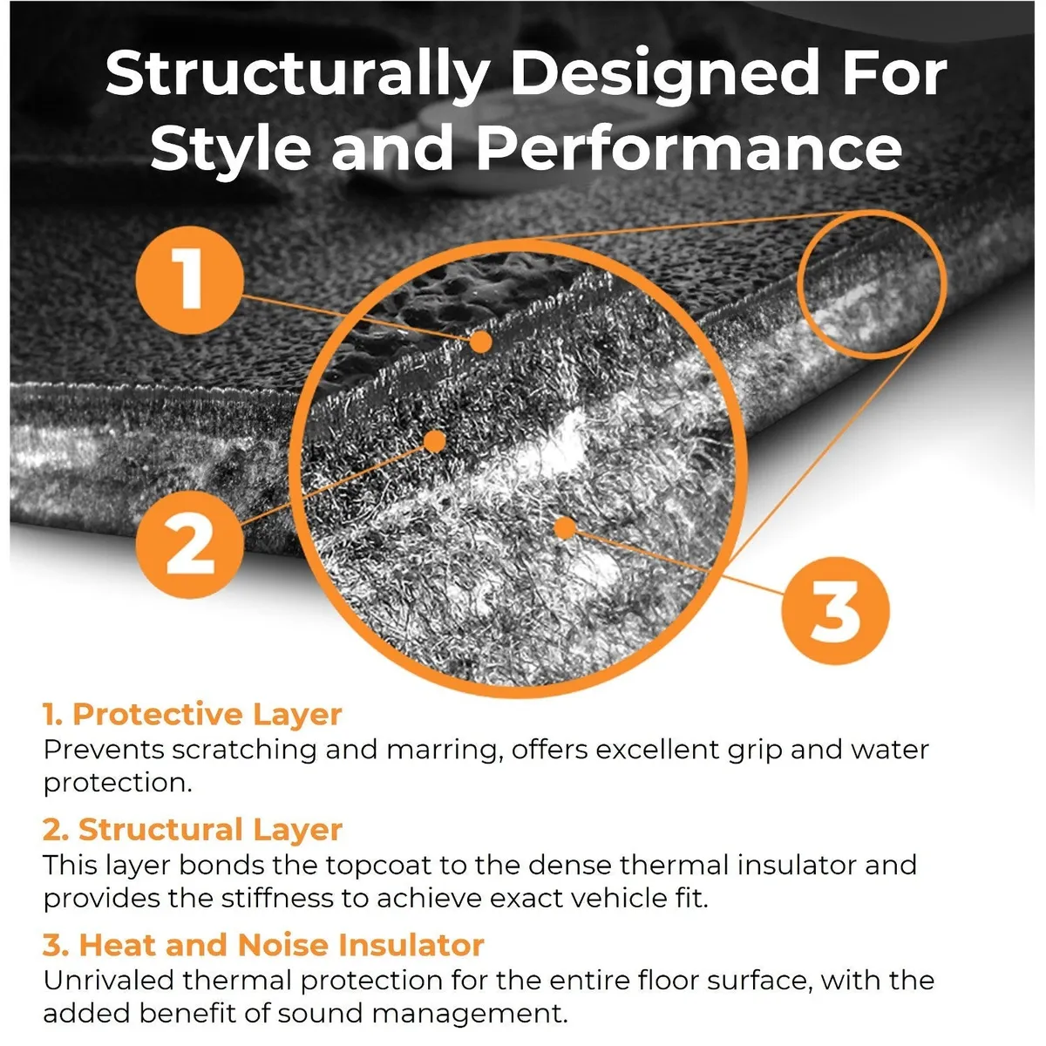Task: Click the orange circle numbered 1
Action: [x=189, y=280]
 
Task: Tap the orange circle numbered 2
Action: [x=189, y=545]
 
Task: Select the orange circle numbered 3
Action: [x=835, y=610]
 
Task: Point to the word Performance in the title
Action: [x=689, y=148]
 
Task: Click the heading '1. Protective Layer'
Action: [x=193, y=714]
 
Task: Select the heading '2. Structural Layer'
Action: [x=193, y=830]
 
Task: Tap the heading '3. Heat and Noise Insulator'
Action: [x=263, y=945]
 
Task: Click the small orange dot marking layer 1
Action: [x=480, y=342]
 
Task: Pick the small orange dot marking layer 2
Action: [x=434, y=441]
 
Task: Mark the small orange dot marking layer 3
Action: [x=565, y=527]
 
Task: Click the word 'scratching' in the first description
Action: [x=244, y=751]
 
